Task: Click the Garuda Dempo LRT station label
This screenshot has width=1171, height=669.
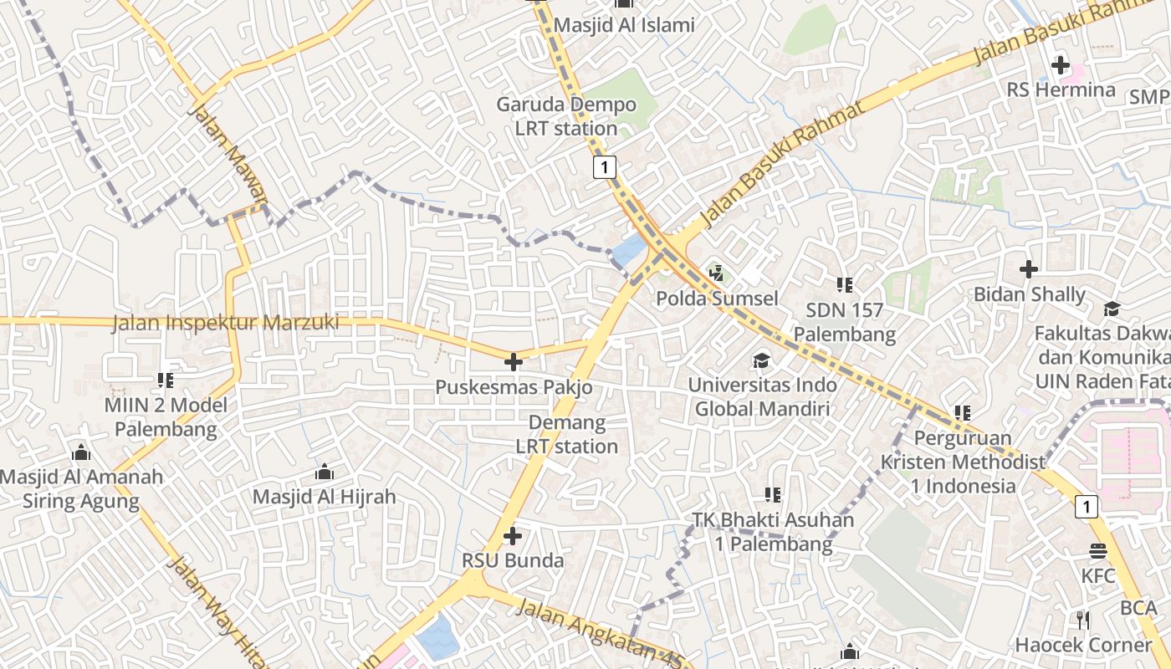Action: click(566, 117)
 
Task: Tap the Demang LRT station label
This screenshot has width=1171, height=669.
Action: click(567, 434)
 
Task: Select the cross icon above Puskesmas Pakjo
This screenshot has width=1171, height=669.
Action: click(514, 362)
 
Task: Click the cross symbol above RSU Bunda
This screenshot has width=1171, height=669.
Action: click(513, 535)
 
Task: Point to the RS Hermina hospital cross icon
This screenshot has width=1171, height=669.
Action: click(1061, 64)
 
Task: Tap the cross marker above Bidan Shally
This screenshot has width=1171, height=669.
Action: click(1029, 269)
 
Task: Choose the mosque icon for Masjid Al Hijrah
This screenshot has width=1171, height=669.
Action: click(325, 472)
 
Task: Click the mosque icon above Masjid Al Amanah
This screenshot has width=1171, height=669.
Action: click(81, 452)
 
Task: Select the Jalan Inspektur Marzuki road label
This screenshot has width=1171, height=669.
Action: click(226, 323)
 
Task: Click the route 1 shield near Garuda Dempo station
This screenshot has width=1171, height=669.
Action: click(604, 166)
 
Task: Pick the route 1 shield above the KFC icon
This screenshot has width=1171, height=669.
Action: click(1086, 506)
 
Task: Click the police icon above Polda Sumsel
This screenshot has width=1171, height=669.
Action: click(716, 273)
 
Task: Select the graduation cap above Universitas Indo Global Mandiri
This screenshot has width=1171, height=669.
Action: click(761, 360)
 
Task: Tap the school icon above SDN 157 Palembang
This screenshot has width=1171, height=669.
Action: click(845, 285)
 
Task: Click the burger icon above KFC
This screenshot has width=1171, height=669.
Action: click(1098, 551)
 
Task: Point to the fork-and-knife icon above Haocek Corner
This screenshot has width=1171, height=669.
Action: click(1083, 620)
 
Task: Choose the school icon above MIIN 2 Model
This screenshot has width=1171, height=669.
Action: click(166, 380)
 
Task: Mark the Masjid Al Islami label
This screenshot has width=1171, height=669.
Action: click(624, 25)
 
